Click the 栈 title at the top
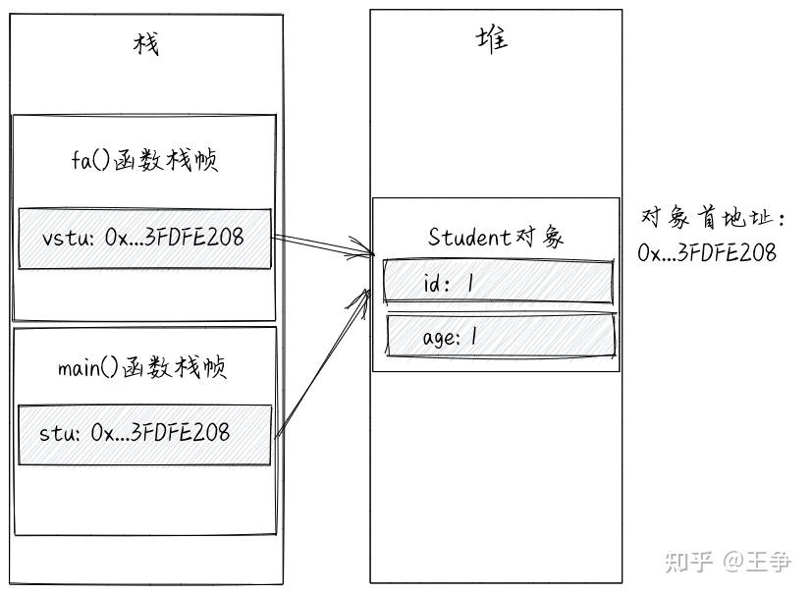coord(145,44)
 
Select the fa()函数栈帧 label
coord(144,160)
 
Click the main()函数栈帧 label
coord(142,368)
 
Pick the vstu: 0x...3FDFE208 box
coord(144,239)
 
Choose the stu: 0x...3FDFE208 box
coord(144,432)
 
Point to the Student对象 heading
coord(496,237)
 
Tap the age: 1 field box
coord(501,337)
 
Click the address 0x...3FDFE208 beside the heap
coord(707,252)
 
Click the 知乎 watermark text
coord(687,562)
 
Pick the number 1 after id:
coord(470,283)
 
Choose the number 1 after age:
coord(474,337)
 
